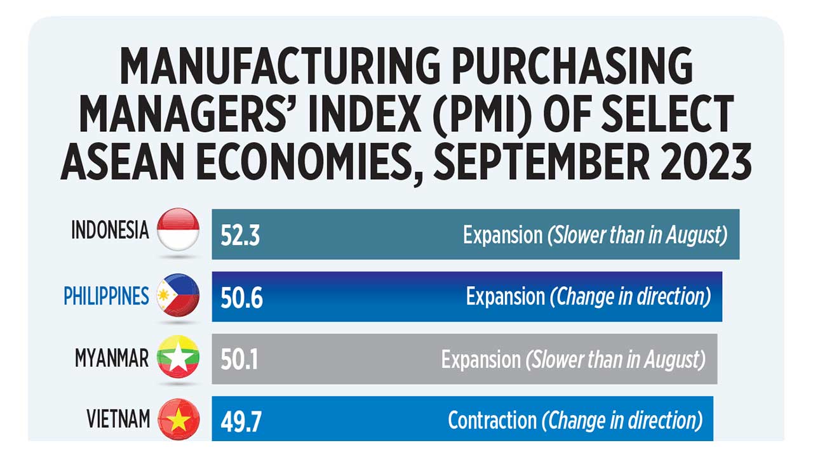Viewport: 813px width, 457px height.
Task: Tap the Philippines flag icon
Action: [178, 295]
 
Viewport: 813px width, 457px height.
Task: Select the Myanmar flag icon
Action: [178, 357]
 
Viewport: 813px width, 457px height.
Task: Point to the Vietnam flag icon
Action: [178, 420]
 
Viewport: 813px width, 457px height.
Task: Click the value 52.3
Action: [240, 235]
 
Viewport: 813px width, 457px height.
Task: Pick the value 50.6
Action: [241, 298]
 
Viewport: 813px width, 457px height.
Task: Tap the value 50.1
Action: [239, 360]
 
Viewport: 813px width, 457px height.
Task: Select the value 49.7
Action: [241, 422]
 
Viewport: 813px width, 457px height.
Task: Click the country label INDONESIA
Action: [110, 230]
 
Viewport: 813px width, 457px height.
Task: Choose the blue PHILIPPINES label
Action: [106, 296]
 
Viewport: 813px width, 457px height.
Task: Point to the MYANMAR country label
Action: [111, 358]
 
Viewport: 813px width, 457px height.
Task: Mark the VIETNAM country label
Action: [118, 420]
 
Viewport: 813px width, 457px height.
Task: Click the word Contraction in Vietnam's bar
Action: [492, 420]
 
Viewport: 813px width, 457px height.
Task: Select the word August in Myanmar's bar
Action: [673, 361]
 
